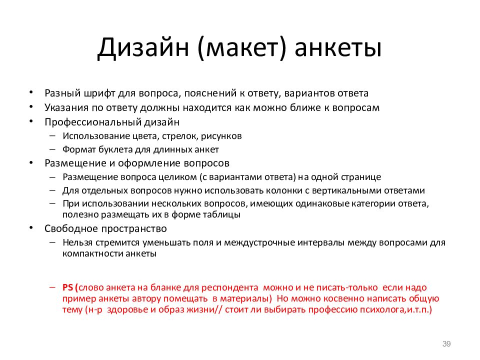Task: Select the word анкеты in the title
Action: [338, 48]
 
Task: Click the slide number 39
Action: [446, 343]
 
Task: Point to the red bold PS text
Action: [68, 288]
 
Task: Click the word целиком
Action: [180, 177]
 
